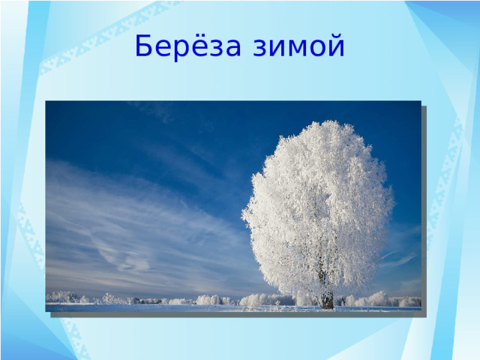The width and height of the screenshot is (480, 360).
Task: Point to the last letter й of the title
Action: (x=335, y=47)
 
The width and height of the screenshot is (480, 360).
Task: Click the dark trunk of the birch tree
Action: (x=327, y=298)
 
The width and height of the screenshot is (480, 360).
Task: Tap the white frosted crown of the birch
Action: (x=319, y=202)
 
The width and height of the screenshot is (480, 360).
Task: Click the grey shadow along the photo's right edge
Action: (x=424, y=210)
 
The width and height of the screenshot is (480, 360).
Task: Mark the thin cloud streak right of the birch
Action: (x=401, y=259)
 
